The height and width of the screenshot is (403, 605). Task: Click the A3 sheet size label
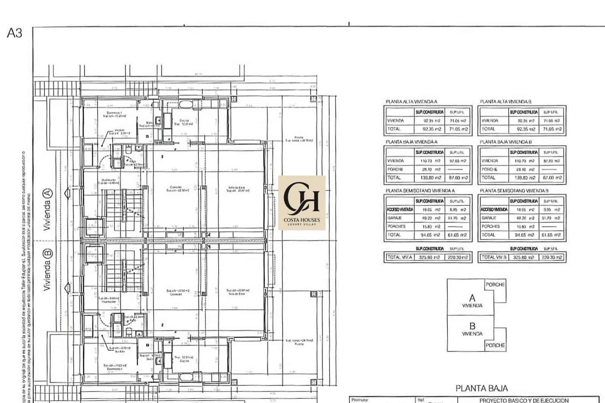[15, 33]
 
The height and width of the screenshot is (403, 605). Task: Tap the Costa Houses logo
[302, 203]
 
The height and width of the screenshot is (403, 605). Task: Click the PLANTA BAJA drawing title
[481, 388]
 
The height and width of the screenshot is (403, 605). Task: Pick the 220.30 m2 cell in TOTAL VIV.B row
[552, 257]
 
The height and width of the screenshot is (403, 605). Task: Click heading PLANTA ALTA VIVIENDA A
[411, 102]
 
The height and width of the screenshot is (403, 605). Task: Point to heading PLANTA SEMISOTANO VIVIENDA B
[514, 191]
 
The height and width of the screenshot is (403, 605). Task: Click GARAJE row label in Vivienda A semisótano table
[394, 218]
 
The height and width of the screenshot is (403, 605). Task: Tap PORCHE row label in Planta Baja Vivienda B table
[489, 169]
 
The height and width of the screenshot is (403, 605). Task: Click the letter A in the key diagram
[472, 298]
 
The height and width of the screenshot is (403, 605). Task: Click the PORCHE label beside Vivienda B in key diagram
[495, 345]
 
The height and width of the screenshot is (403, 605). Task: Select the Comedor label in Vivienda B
[174, 294]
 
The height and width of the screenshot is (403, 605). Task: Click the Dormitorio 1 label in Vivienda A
[113, 113]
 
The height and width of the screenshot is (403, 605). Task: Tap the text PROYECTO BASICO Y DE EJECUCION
[524, 400]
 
